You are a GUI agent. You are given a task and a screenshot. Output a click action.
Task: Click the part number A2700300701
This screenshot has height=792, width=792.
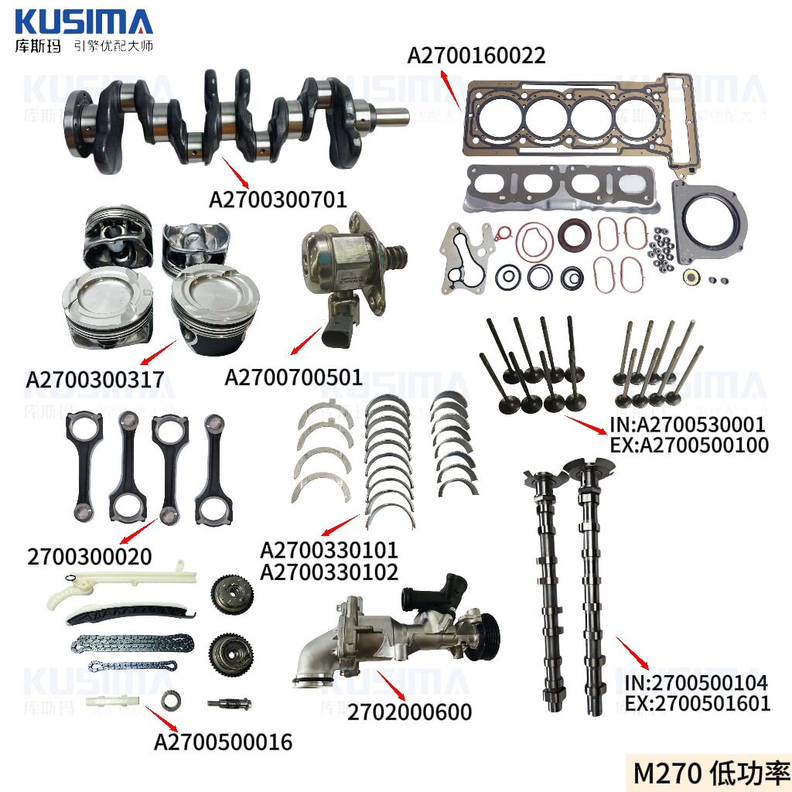pyautogui.click(x=278, y=200)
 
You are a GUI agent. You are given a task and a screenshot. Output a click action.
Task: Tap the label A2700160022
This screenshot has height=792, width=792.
pyautogui.click(x=476, y=56)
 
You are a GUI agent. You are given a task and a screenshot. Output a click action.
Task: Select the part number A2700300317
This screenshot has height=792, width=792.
pyautogui.click(x=94, y=380)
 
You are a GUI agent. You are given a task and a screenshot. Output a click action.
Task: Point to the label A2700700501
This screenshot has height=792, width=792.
pyautogui.click(x=293, y=377)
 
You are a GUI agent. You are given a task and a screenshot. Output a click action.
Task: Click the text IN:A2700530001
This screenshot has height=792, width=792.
pyautogui.click(x=688, y=425)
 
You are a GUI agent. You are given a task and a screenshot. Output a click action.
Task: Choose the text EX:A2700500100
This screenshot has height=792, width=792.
pyautogui.click(x=689, y=445)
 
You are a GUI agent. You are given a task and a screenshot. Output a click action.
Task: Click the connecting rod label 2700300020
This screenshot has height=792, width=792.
pyautogui.click(x=90, y=557)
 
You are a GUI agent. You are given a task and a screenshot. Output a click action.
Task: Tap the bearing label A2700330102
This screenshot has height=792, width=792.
pyautogui.click(x=329, y=572)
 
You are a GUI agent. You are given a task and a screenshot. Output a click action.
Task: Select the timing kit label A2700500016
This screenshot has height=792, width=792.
pyautogui.click(x=224, y=742)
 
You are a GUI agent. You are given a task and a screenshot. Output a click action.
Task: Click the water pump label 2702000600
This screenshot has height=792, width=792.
pyautogui.click(x=410, y=712)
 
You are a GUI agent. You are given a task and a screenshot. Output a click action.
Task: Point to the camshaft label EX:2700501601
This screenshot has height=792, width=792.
pyautogui.click(x=698, y=704)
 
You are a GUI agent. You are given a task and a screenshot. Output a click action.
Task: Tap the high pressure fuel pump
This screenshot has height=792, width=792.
pyautogui.click(x=350, y=277)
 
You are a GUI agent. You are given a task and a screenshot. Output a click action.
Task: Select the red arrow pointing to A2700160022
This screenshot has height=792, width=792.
pyautogui.click(x=451, y=90)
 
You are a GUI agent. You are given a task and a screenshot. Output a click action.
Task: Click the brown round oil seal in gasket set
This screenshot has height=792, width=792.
pyautogui.click(x=575, y=234)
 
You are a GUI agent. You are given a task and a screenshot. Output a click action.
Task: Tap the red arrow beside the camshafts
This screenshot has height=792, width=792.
pyautogui.click(x=633, y=653)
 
